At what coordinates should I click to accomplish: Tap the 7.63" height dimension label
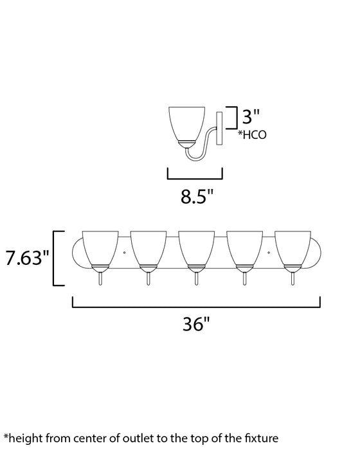click(26, 258)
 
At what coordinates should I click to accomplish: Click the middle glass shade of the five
click(196, 248)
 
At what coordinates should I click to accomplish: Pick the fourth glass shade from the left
click(245, 248)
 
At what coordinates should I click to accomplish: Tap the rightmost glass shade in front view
click(293, 248)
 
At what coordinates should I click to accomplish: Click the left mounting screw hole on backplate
click(123, 255)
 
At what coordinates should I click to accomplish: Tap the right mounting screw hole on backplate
click(269, 255)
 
